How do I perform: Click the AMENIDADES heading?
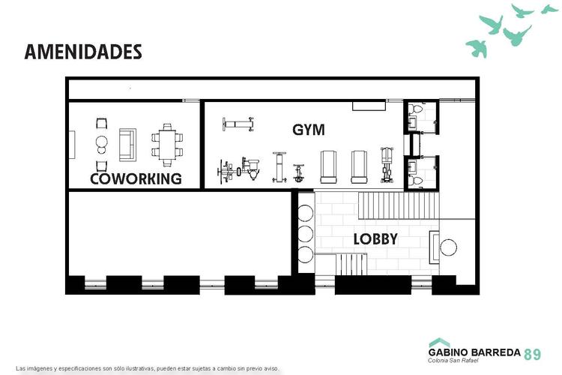point(83,52)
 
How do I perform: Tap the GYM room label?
point(309,130)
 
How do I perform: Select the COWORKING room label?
point(136,178)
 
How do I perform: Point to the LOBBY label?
point(375,239)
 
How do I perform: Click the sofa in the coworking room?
point(127,145)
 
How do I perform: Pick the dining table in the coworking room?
point(167,145)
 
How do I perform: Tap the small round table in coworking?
point(102,142)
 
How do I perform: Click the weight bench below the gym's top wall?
point(238,124)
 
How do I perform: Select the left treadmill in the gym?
point(328,166)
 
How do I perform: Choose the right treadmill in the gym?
point(359,166)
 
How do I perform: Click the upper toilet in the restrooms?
point(417,108)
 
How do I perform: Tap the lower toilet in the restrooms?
point(415,180)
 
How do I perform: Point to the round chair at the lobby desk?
point(448,247)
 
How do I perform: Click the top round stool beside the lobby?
point(305,213)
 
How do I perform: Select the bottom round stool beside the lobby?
point(305,254)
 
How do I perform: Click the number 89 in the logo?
point(533,355)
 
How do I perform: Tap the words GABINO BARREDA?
point(474,352)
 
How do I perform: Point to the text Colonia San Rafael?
point(453,360)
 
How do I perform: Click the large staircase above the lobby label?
point(398,205)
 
